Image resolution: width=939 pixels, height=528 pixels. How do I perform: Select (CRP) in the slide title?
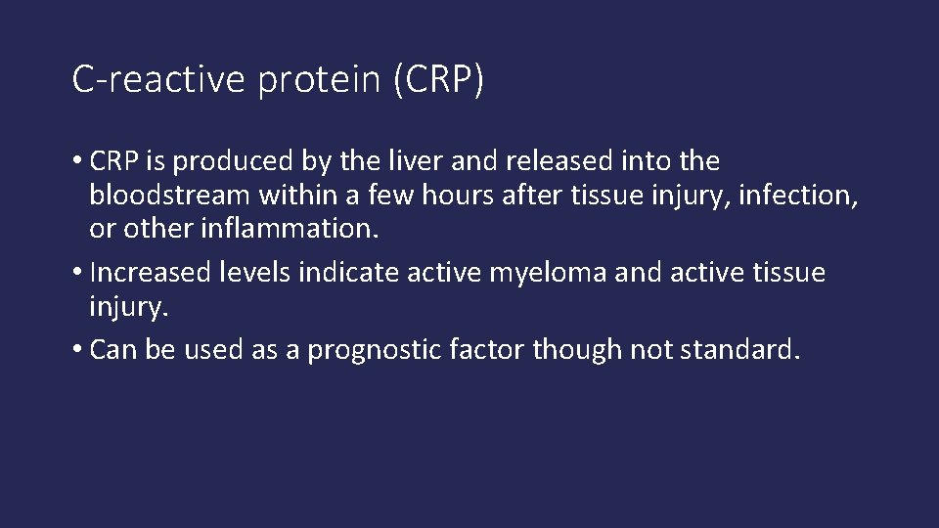click(x=437, y=80)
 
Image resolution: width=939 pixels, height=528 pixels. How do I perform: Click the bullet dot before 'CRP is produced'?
click(x=77, y=160)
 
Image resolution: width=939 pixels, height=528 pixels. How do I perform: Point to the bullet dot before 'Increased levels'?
click(x=77, y=273)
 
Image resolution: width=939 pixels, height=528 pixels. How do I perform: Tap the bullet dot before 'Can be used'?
click(x=77, y=350)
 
